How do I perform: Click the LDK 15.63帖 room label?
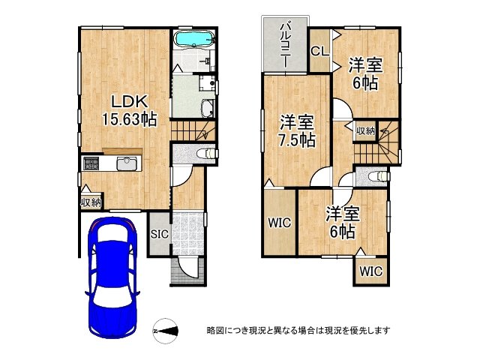[129, 110]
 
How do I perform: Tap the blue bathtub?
[194, 39]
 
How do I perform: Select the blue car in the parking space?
[112, 277]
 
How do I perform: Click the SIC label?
[160, 234]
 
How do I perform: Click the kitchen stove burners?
[91, 163]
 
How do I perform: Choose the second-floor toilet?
[379, 177]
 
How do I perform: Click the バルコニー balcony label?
[286, 44]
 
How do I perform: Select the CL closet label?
[320, 51]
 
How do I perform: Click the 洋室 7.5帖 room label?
[297, 130]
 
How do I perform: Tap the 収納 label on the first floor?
[91, 202]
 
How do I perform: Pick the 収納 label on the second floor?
[365, 131]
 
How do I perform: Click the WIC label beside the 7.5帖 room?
[280, 223]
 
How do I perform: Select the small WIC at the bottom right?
[371, 271]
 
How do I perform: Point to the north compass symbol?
[165, 331]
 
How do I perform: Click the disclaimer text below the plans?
[298, 331]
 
